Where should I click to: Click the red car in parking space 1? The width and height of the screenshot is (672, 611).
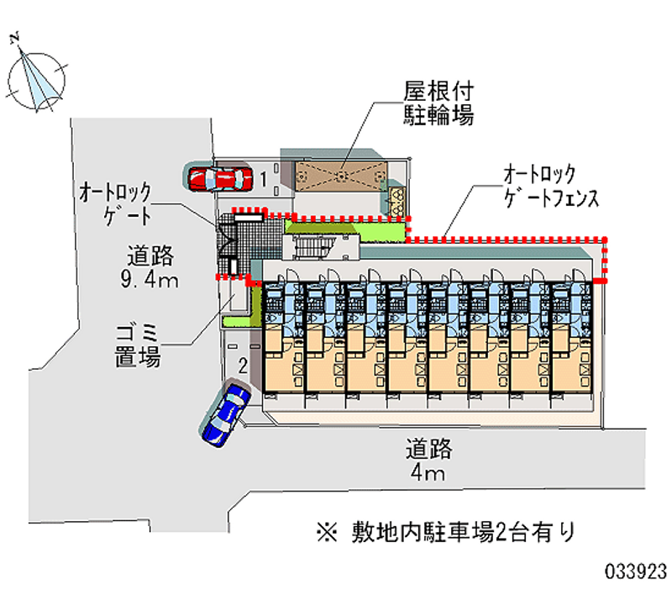[x=219, y=178]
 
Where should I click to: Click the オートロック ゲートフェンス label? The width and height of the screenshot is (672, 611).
[x=549, y=187]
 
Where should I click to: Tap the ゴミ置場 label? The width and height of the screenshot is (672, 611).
[x=138, y=345]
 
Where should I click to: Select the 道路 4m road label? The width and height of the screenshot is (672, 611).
[x=428, y=461]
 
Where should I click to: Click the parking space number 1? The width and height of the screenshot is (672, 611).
[x=264, y=178]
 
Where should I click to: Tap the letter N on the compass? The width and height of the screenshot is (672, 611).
[x=15, y=36]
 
